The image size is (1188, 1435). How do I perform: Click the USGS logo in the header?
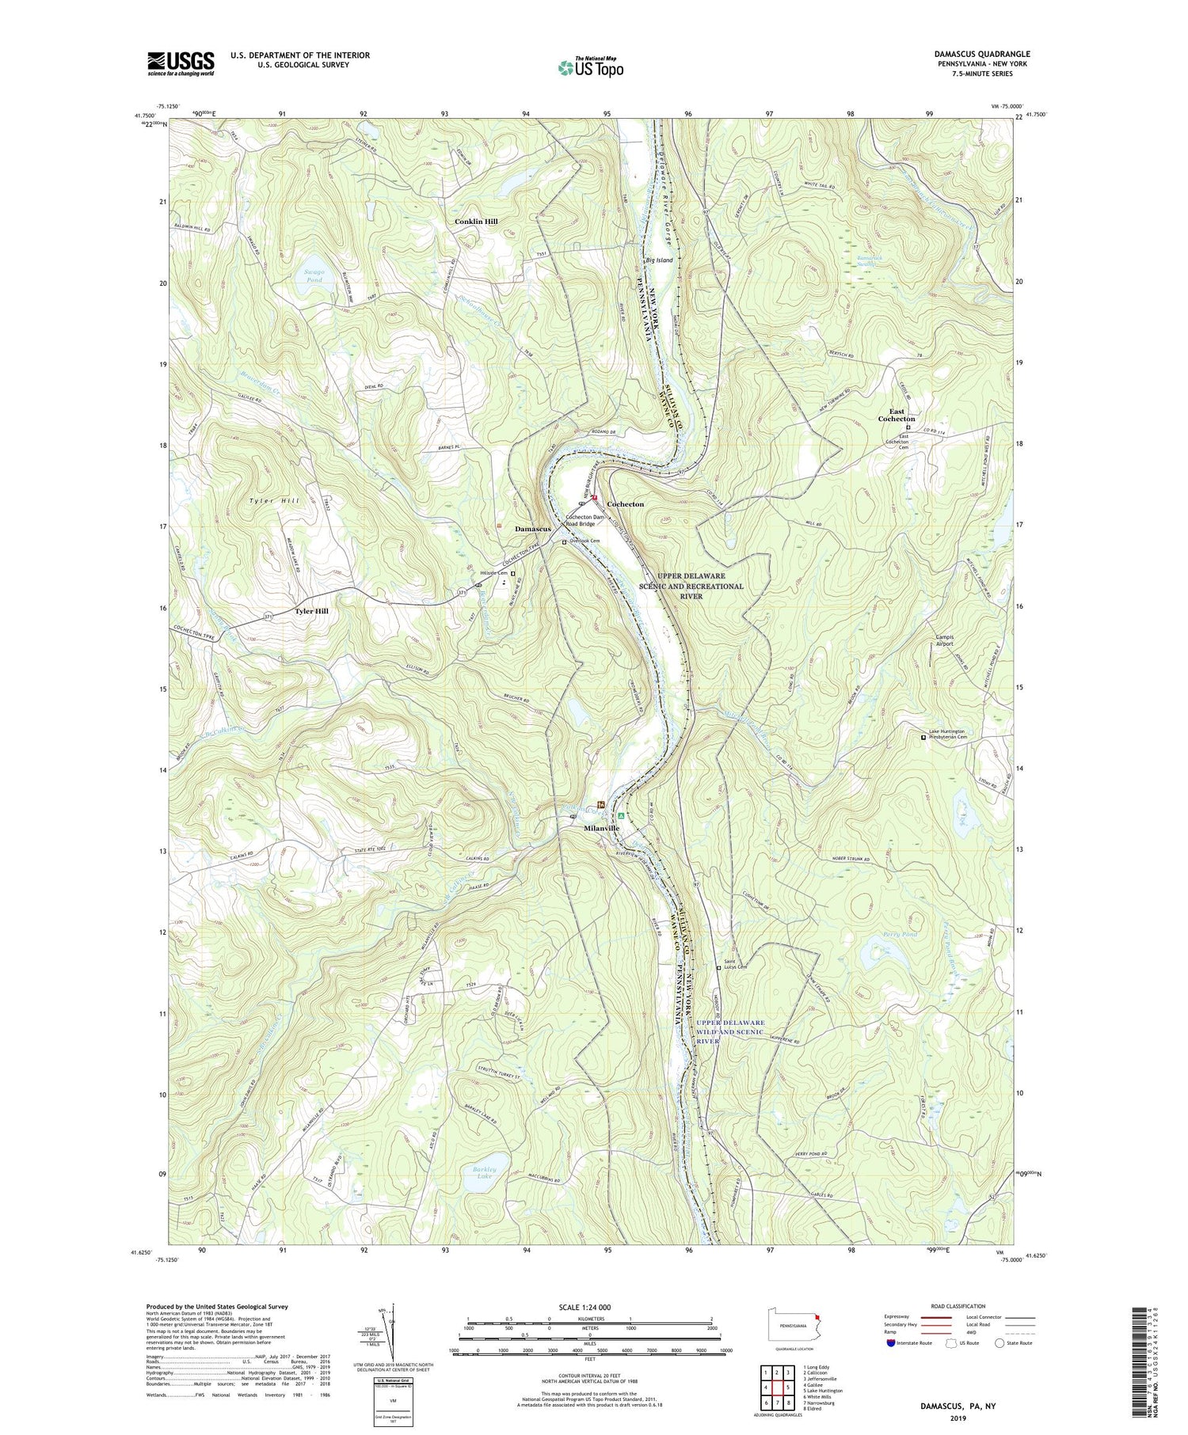tap(181, 63)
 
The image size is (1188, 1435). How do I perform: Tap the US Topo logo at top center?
tap(590, 68)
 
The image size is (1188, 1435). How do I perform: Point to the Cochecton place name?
tap(625, 504)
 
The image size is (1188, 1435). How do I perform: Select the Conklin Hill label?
tap(476, 222)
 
